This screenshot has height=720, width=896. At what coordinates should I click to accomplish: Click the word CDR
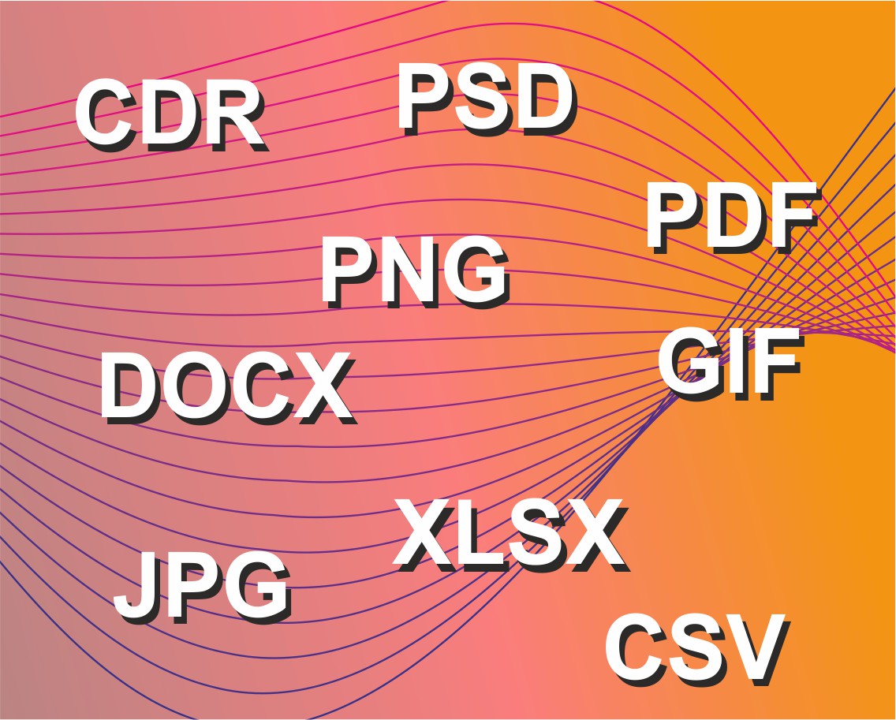[x=172, y=115]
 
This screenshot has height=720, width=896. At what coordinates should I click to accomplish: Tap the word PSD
[x=487, y=99]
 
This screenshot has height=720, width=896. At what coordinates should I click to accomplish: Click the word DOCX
[x=228, y=389]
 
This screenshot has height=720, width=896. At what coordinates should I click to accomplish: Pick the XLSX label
[x=510, y=535]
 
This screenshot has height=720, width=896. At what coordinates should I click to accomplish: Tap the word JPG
[x=203, y=588]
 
